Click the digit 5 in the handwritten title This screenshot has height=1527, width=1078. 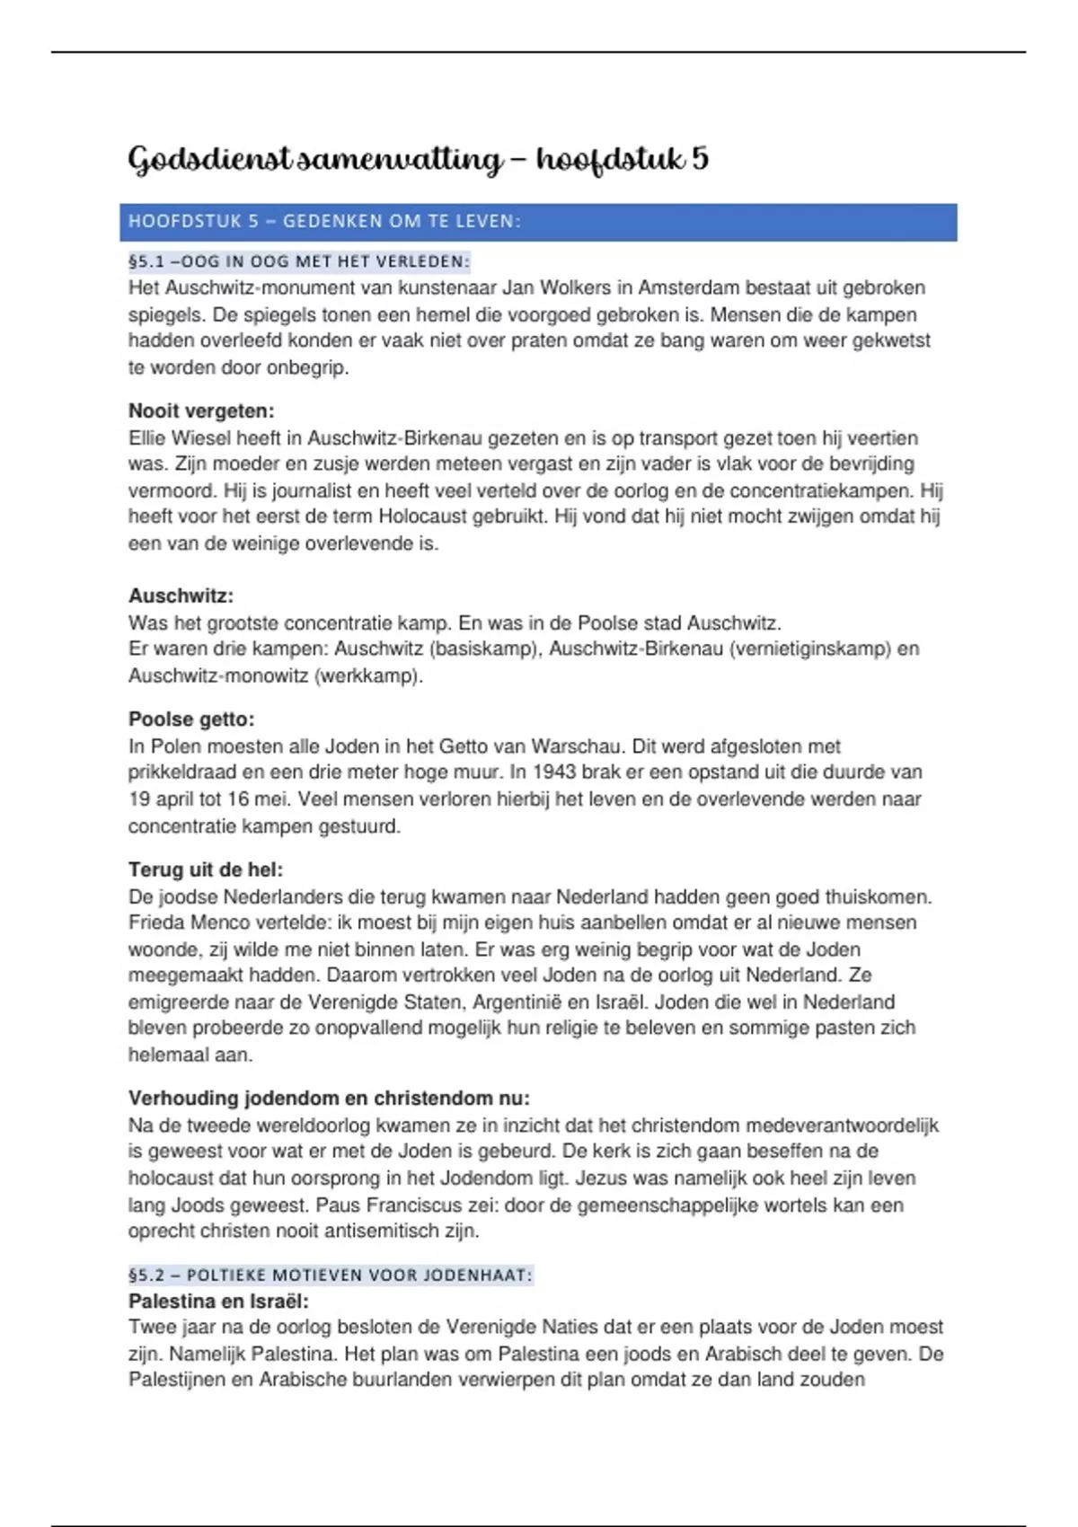[699, 159]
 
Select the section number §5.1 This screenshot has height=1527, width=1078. [146, 262]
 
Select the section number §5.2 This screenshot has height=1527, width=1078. [146, 1275]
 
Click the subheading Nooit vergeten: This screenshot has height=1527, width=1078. [201, 411]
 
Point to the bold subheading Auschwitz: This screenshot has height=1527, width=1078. [181, 596]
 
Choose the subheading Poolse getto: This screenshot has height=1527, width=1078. [191, 719]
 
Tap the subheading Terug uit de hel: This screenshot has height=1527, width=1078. [206, 869]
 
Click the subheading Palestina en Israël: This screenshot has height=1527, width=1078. [218, 1301]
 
